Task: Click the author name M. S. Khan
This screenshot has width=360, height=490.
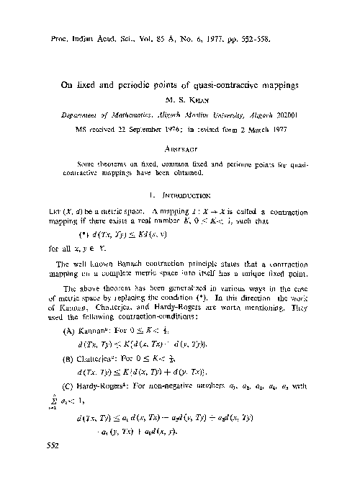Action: point(181,100)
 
